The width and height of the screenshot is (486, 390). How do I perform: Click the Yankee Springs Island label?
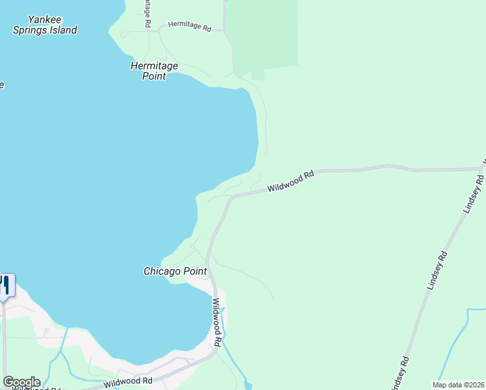tap(45, 25)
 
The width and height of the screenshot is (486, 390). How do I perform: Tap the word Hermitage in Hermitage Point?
tap(155, 66)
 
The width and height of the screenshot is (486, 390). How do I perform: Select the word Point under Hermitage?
tap(155, 76)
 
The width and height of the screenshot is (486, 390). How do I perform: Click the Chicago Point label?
tap(175, 271)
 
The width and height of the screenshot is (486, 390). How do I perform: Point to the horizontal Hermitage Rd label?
tap(190, 27)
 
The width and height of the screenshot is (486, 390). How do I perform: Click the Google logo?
tap(21, 382)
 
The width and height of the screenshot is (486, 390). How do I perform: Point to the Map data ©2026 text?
tap(458, 385)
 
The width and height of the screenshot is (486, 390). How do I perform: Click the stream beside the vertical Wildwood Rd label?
tap(227, 338)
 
